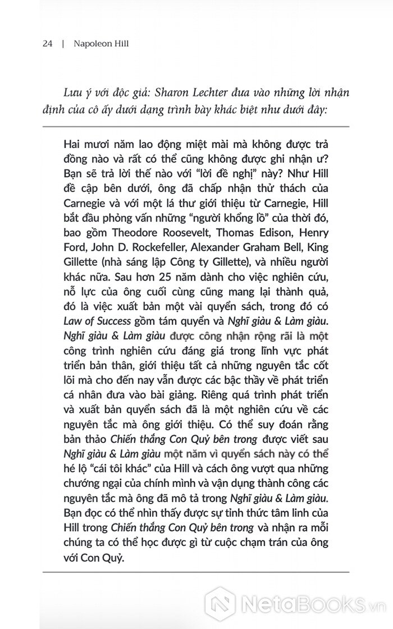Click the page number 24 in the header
click(x=47, y=44)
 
